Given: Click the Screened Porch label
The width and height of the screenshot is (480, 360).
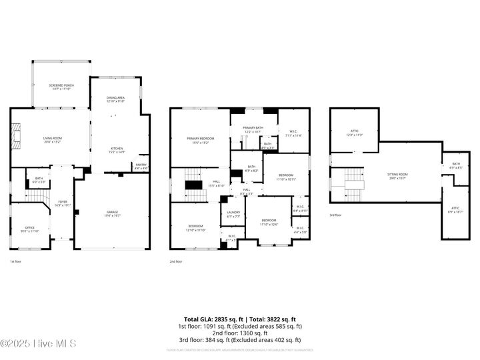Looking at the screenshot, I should coord(61,87).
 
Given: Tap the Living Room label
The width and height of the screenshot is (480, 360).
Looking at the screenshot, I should coord(52,140).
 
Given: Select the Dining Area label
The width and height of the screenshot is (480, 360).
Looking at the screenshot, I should coord(116,100).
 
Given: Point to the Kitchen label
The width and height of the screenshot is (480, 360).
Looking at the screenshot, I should coord(117,151).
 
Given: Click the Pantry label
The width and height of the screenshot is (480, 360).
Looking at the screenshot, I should coord(141,166).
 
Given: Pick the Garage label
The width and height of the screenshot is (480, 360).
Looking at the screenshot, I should coord(112,214).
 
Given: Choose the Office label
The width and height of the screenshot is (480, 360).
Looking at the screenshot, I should coord(30,229).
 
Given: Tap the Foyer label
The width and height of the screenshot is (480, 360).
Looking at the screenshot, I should coord(62,203).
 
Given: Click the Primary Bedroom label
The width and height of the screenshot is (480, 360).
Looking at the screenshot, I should coord(200,140).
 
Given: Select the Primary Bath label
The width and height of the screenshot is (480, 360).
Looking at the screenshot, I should coord(253,129).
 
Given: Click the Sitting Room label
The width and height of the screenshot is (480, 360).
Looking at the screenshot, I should coord(397,175).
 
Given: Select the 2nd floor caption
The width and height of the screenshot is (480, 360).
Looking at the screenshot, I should coord(175,261).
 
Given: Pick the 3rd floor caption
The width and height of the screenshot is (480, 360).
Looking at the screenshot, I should coord(335,215).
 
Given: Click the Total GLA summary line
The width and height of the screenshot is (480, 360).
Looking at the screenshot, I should coord(240,319).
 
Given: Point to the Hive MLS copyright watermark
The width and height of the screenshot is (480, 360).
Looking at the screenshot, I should coord(38,343).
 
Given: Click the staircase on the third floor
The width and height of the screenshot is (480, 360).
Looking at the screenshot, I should coord(352,185).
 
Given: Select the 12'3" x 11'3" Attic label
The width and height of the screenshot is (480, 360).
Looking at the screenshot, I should coord(354,133).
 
